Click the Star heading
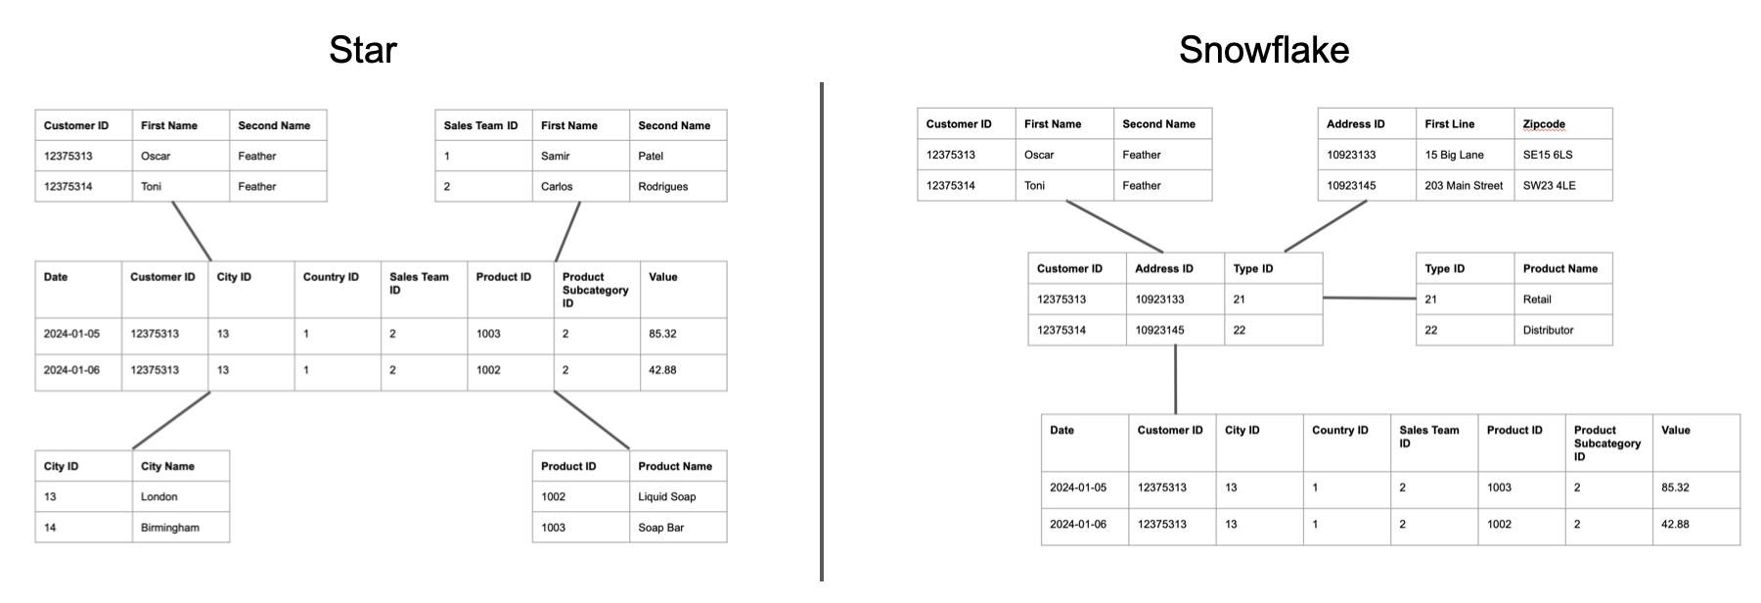click(x=362, y=50)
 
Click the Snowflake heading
click(x=1263, y=50)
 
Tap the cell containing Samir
click(x=580, y=156)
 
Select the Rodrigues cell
click(x=677, y=186)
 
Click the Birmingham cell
click(x=180, y=528)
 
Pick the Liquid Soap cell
click(x=677, y=496)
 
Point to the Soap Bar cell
click(x=677, y=528)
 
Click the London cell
click(x=180, y=496)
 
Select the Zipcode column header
click(x=1561, y=124)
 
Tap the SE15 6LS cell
click(x=1561, y=155)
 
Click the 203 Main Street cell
click(x=1464, y=185)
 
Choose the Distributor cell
click(x=1561, y=330)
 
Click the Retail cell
click(x=1561, y=300)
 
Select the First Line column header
click(x=1464, y=124)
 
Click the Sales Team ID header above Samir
click(x=482, y=125)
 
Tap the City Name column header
click(x=180, y=466)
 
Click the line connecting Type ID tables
click(x=1370, y=298)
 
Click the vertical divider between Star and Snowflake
click(x=822, y=333)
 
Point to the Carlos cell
click(x=580, y=186)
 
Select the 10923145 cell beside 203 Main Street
click(x=1366, y=185)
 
